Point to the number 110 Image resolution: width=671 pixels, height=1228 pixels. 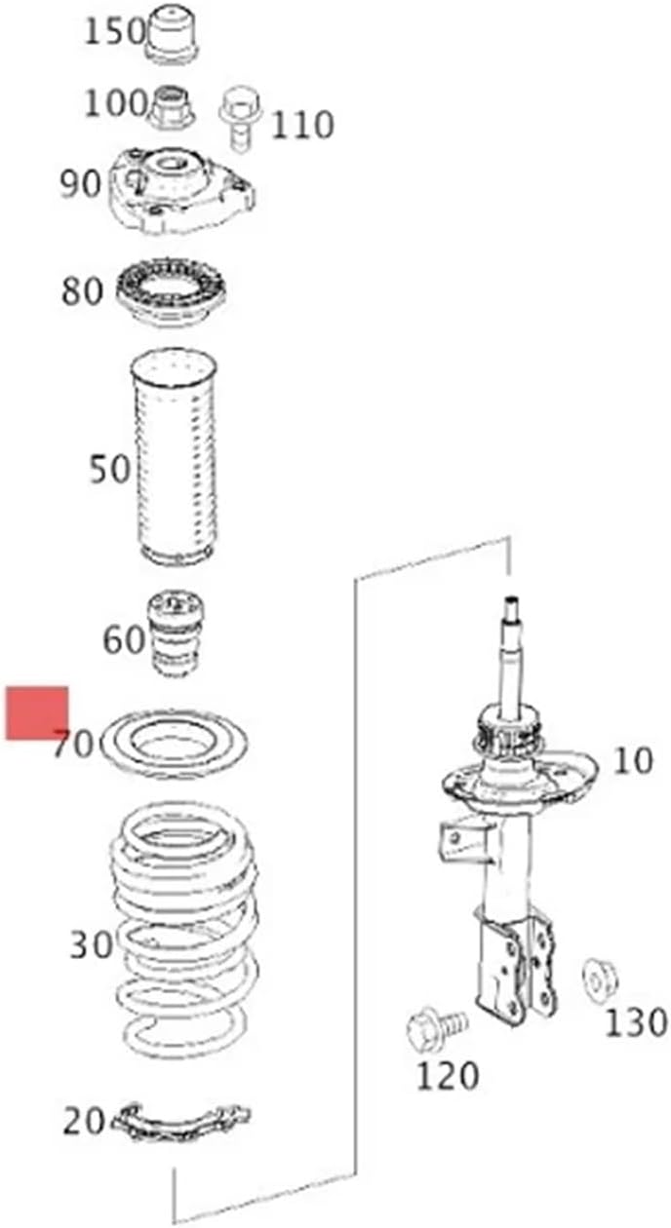[x=301, y=126]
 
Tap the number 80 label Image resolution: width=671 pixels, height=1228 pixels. [x=82, y=290]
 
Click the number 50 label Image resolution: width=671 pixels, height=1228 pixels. [x=108, y=469]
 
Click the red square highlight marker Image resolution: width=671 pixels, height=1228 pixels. [x=37, y=712]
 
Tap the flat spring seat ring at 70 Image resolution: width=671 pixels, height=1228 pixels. [x=174, y=744]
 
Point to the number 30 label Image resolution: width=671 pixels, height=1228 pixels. [x=91, y=944]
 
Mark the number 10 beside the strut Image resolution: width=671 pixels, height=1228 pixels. [x=632, y=761]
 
